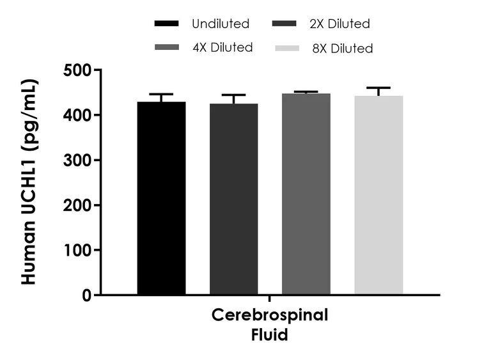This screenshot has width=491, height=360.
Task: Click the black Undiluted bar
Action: pyautogui.click(x=161, y=198)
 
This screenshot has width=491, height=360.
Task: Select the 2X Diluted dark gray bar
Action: pyautogui.click(x=233, y=199)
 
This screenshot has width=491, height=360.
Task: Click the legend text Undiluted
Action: pyautogui.click(x=221, y=24)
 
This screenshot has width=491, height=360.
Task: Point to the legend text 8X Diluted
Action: pyautogui.click(x=343, y=48)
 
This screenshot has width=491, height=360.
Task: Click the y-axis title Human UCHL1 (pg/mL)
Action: pyautogui.click(x=30, y=182)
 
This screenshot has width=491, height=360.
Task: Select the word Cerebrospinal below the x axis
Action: pyautogui.click(x=269, y=316)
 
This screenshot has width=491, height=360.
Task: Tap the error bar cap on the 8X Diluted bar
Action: pyautogui.click(x=378, y=88)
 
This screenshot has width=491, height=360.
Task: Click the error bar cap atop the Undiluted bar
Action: pyautogui.click(x=161, y=94)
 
